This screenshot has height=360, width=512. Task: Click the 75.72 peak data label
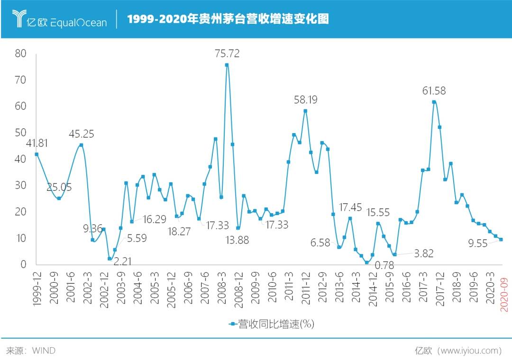[x=227, y=54]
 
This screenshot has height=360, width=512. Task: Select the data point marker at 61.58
[x=434, y=102]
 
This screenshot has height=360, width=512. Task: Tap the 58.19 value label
[x=306, y=100]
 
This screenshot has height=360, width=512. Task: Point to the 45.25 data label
[x=81, y=134]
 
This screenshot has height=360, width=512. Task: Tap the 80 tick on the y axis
[x=21, y=54]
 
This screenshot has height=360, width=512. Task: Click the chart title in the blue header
[x=228, y=19]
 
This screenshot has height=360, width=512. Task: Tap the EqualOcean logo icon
[x=20, y=18]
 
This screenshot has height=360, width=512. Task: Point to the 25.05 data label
[x=59, y=187]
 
